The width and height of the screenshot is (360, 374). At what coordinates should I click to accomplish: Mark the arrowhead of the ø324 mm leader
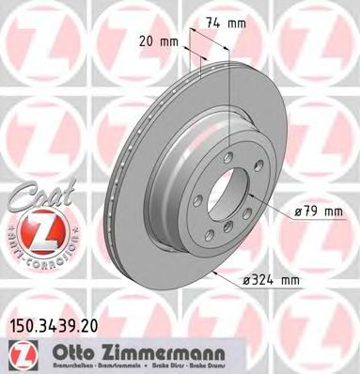pyautogui.click(x=215, y=267)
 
